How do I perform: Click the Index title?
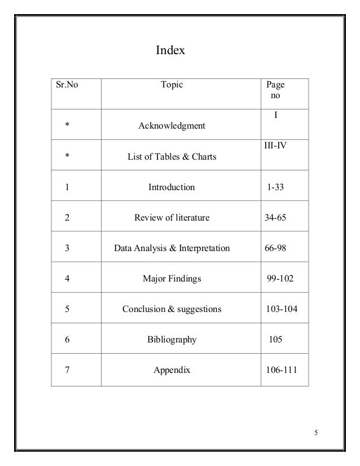[170, 52]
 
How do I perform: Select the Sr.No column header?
[65, 86]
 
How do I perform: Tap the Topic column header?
[172, 86]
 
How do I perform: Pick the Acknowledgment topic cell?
[172, 126]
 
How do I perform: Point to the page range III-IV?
[276, 146]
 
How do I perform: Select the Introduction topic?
[172, 187]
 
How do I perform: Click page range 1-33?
[275, 187]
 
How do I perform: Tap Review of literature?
[172, 218]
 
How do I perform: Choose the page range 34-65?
[275, 218]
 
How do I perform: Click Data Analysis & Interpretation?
[172, 248]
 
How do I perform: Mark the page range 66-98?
[275, 248]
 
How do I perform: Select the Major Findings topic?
[172, 279]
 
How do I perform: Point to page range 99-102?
[280, 279]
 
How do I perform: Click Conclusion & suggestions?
[172, 309]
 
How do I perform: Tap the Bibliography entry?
[172, 340]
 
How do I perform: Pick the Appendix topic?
[172, 371]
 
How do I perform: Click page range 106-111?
[280, 371]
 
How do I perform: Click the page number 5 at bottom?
[317, 433]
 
